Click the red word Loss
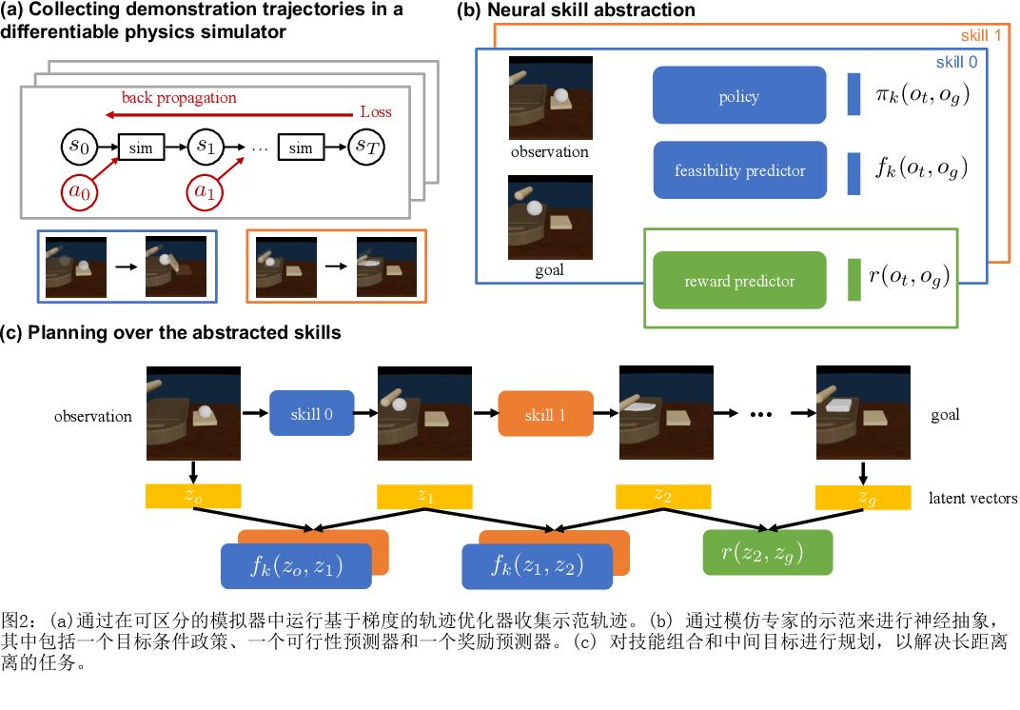click(375, 111)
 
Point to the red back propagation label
click(179, 98)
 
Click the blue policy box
click(738, 97)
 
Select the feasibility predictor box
click(738, 171)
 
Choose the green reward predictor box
click(738, 281)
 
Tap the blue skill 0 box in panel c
click(312, 415)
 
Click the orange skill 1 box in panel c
click(544, 415)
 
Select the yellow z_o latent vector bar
click(193, 496)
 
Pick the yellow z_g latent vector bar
click(864, 496)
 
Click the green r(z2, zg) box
click(768, 552)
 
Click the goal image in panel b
click(549, 218)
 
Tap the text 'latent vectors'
click(972, 498)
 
